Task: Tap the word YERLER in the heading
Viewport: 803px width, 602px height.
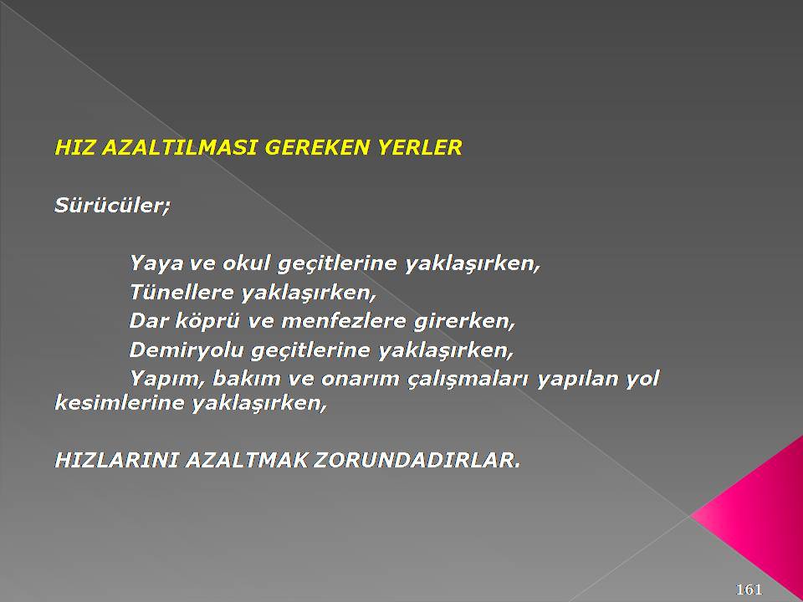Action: pyautogui.click(x=419, y=147)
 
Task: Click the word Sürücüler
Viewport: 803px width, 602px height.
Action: pyautogui.click(x=111, y=206)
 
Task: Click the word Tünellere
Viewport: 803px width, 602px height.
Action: pyautogui.click(x=182, y=293)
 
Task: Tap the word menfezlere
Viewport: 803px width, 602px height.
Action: pyautogui.click(x=344, y=321)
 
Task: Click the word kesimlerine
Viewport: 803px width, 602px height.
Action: pyautogui.click(x=120, y=403)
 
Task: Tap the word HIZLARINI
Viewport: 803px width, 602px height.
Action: pyautogui.click(x=117, y=460)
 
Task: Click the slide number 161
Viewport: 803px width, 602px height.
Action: pyautogui.click(x=749, y=589)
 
